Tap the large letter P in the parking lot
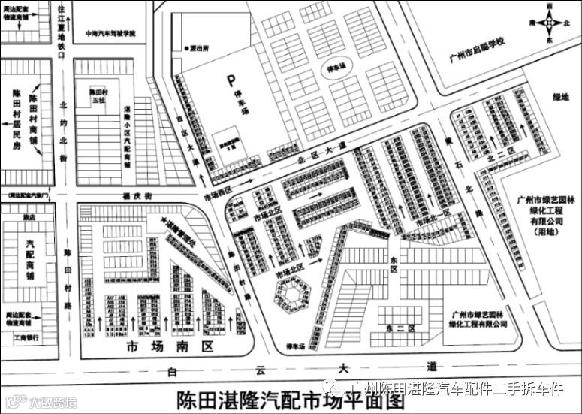click(232, 80)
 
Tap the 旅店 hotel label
click(29, 217)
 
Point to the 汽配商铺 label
click(29, 260)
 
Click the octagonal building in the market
click(291, 294)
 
